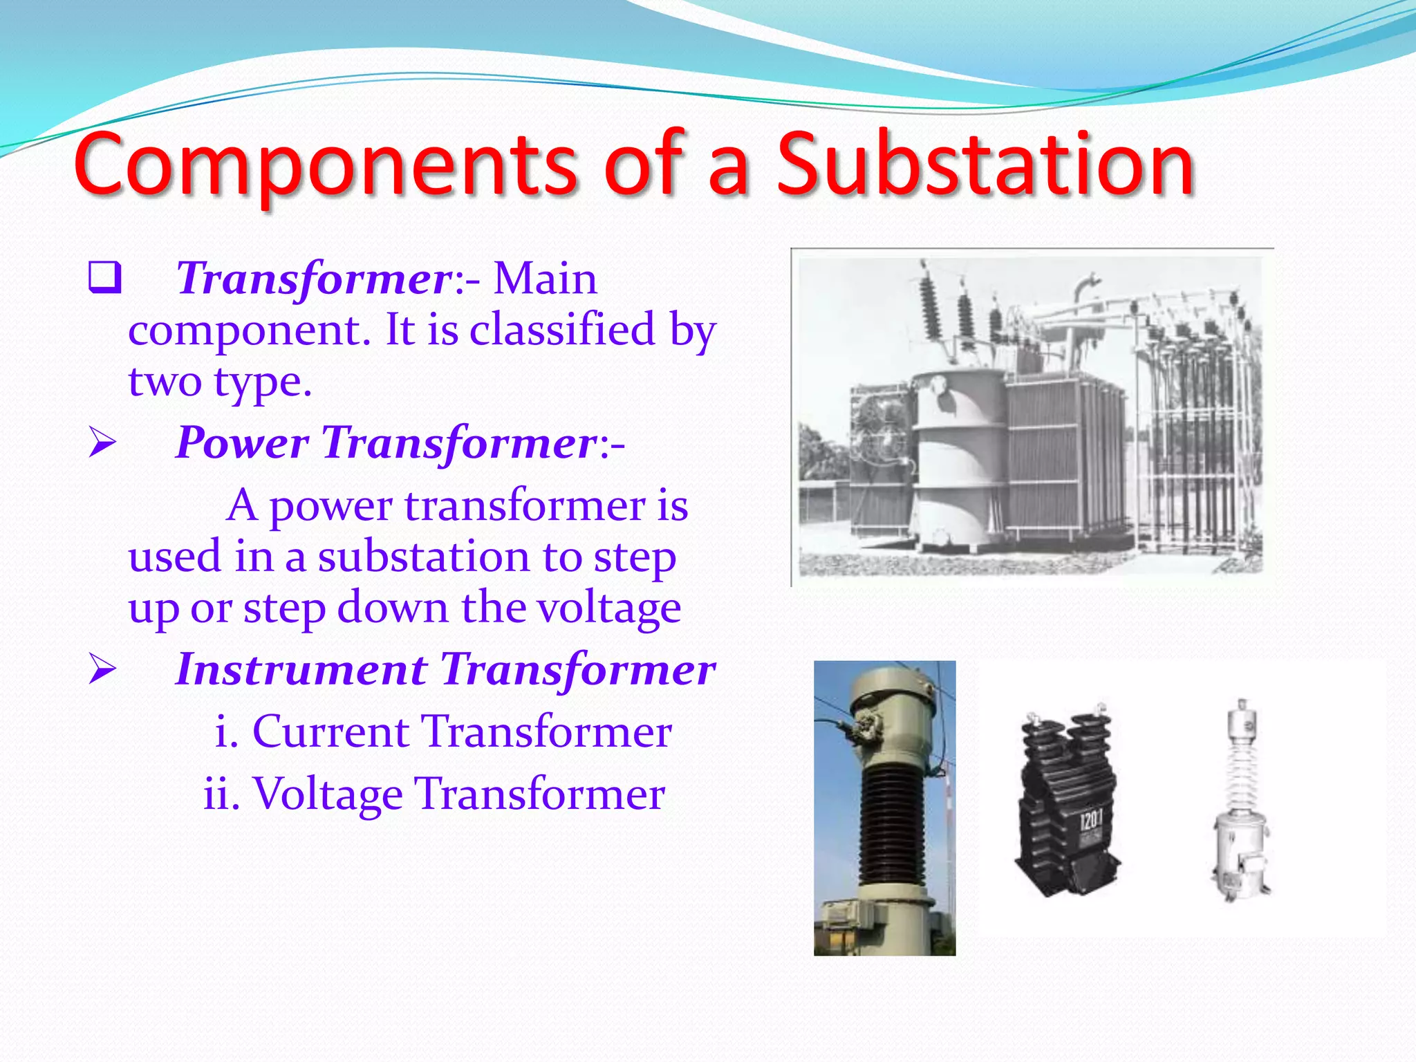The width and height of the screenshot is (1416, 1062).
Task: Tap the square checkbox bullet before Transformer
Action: (x=104, y=278)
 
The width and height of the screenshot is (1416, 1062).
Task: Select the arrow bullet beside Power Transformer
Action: (x=102, y=442)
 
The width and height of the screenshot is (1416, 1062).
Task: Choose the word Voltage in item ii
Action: (x=328, y=793)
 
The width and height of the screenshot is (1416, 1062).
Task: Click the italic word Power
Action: (x=242, y=442)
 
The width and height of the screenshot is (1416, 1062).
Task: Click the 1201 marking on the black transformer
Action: (x=1091, y=821)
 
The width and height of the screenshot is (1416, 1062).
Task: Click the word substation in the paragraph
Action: (x=425, y=557)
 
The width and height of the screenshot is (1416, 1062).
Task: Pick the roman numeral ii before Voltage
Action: (x=221, y=793)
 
